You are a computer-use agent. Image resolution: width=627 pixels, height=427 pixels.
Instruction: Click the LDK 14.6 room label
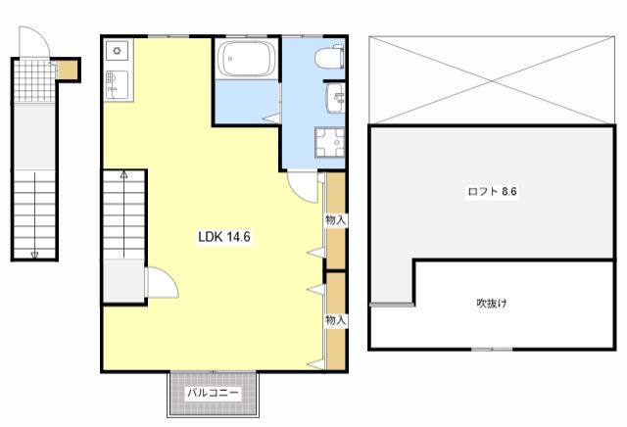(224, 237)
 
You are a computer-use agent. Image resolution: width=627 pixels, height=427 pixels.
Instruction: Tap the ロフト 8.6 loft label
(492, 192)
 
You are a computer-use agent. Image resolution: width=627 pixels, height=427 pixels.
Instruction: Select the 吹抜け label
(492, 304)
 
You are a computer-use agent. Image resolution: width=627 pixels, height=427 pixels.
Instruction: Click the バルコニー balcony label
(214, 393)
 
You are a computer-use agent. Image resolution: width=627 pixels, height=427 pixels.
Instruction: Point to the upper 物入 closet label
(335, 220)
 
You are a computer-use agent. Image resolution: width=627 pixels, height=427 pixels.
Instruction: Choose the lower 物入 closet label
(335, 320)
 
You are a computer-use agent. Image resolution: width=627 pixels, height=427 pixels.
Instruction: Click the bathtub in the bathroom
(247, 59)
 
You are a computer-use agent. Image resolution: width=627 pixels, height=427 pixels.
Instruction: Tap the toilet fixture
(329, 57)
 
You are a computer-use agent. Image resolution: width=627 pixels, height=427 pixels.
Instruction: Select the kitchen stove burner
(117, 50)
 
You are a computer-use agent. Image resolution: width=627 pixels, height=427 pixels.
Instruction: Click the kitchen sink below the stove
(117, 85)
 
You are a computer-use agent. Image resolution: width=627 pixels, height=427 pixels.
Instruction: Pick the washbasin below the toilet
(335, 98)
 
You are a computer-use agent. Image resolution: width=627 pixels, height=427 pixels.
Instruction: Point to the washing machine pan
(329, 142)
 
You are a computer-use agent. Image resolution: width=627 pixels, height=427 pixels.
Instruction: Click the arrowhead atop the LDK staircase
(124, 174)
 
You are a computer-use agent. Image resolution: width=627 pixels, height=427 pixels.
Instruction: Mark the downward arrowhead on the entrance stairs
(34, 255)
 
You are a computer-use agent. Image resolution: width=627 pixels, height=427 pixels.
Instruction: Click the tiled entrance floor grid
(35, 81)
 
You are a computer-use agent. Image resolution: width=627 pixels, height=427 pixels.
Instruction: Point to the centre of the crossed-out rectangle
(492, 80)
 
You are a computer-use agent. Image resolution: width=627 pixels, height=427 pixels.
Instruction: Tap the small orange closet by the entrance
(68, 70)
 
